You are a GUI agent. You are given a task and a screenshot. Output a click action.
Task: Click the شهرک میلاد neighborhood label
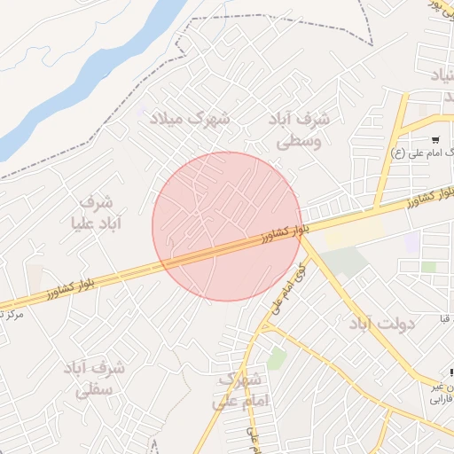[x=189, y=118]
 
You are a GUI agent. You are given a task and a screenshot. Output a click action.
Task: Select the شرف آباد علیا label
[x=89, y=211]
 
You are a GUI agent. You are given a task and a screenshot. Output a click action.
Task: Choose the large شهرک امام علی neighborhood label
[x=239, y=390]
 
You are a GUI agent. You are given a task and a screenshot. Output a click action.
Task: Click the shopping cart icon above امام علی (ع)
[x=435, y=140]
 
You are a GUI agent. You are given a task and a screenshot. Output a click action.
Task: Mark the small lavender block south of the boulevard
[x=411, y=241]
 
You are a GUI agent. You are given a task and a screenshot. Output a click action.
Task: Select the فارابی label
[x=442, y=399]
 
